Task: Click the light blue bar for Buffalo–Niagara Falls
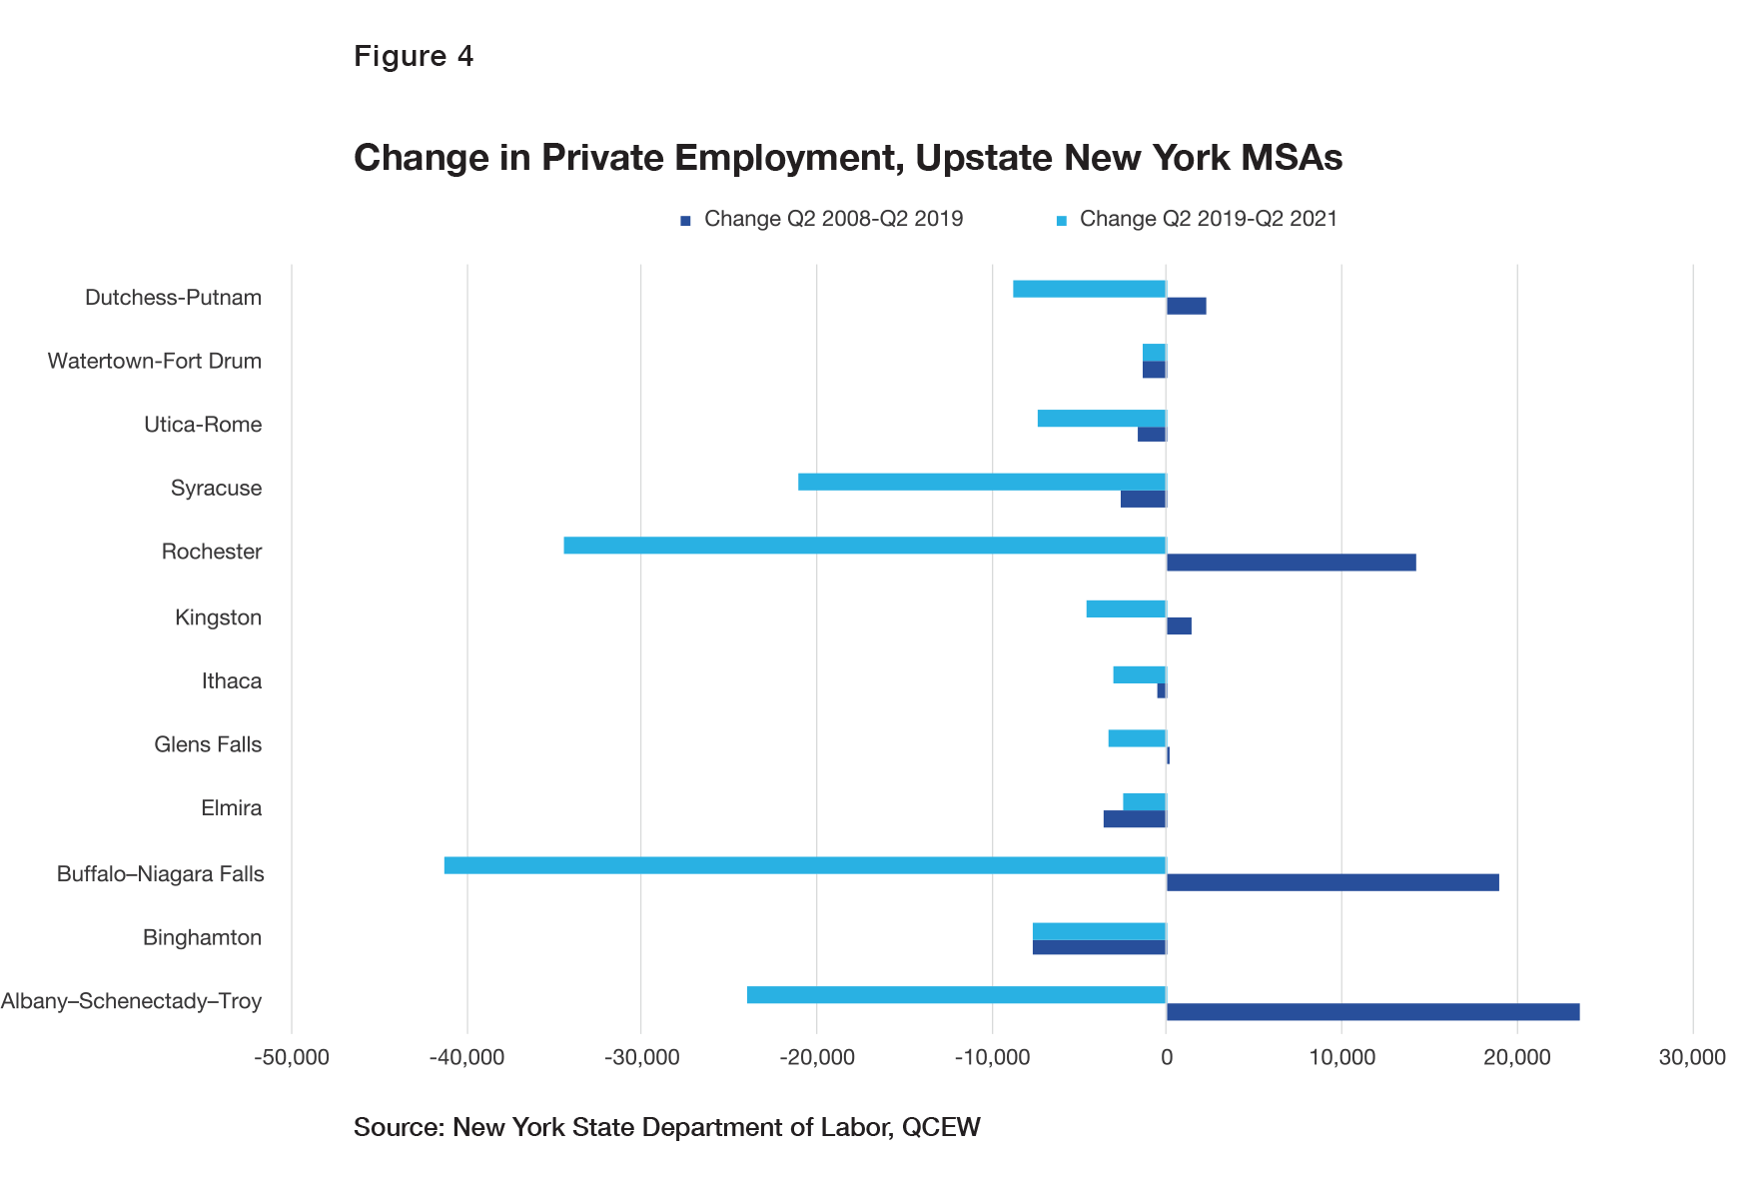pyautogui.click(x=804, y=865)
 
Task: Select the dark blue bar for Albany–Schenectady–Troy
pyautogui.click(x=1372, y=1012)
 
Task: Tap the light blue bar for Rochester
pyautogui.click(x=864, y=546)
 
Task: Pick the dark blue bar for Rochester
pyautogui.click(x=1291, y=563)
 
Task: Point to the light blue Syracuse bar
pyautogui.click(x=982, y=482)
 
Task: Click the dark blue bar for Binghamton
pyautogui.click(x=1099, y=947)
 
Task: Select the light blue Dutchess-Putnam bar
pyautogui.click(x=1089, y=289)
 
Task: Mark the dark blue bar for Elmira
pyautogui.click(x=1134, y=819)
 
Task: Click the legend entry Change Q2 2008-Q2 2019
pyautogui.click(x=833, y=219)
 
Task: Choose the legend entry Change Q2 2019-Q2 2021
pyautogui.click(x=1208, y=219)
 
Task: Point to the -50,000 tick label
pyautogui.click(x=291, y=1058)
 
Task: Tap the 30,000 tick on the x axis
pyautogui.click(x=1692, y=1058)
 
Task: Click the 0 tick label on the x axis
pyautogui.click(x=1166, y=1058)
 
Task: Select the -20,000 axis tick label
pyautogui.click(x=816, y=1058)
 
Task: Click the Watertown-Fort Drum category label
pyautogui.click(x=155, y=361)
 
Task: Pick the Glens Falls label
pyautogui.click(x=208, y=744)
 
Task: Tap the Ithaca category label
pyautogui.click(x=232, y=681)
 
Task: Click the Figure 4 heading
pyautogui.click(x=414, y=56)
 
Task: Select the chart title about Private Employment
pyautogui.click(x=847, y=158)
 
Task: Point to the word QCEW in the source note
pyautogui.click(x=941, y=1127)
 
